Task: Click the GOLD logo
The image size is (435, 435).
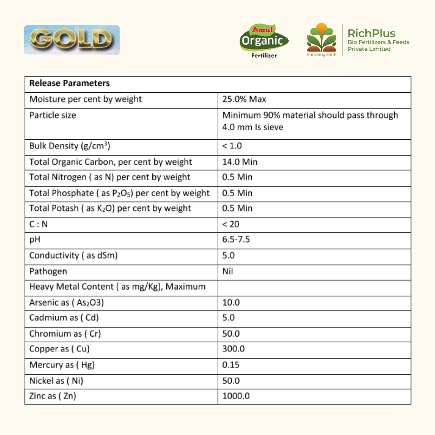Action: pos(72,40)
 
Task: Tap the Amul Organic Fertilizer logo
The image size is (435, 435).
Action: pos(264,41)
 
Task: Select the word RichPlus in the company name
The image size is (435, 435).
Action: pos(371,33)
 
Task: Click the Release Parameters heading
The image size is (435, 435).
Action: pos(69,83)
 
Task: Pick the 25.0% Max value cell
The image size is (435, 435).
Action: pos(244,99)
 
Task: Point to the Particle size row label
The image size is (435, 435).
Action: pos(53,115)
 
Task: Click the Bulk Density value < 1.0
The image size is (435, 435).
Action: pos(232,146)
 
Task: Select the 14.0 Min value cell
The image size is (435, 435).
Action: pos(240,162)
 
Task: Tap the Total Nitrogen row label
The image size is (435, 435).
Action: pos(110,177)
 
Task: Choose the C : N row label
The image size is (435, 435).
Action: pos(38,224)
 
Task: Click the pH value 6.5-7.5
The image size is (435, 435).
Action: pos(236,240)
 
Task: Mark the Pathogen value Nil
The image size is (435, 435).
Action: pos(228,271)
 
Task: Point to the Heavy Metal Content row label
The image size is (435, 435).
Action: pos(117,287)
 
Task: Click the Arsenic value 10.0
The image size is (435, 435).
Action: pos(231,302)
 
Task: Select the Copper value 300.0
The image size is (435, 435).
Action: pos(233,349)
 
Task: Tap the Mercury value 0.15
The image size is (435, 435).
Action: pos(231,365)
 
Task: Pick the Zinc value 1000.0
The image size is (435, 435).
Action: pos(236,396)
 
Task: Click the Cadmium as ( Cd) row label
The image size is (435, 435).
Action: pos(64,318)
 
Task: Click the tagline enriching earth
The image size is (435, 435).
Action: pos(321,55)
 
